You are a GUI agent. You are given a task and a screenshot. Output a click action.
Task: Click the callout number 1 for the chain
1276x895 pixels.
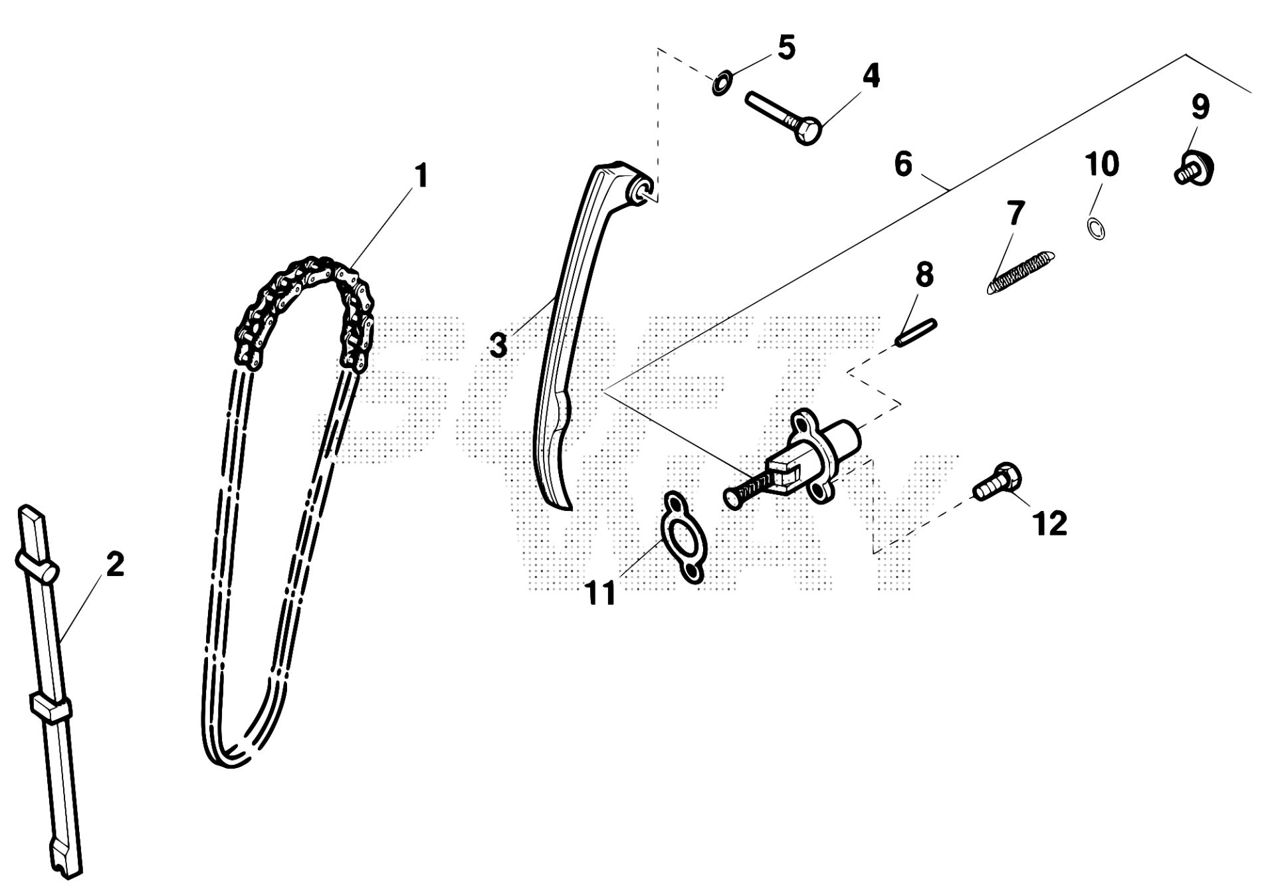pyautogui.click(x=420, y=175)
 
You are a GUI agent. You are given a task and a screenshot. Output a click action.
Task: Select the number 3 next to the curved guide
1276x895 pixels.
pyautogui.click(x=498, y=345)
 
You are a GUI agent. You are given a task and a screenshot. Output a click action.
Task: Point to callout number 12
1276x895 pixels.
pyautogui.click(x=1050, y=523)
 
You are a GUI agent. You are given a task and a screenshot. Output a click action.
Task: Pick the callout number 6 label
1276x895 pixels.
pyautogui.click(x=903, y=164)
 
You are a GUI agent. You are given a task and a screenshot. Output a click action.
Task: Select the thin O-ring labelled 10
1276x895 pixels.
pyautogui.click(x=1097, y=227)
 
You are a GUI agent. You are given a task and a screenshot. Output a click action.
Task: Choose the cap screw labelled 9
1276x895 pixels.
pyautogui.click(x=1194, y=168)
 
